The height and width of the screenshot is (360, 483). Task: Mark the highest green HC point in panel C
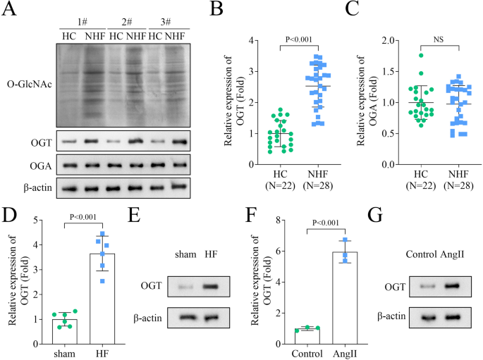[x=422, y=55]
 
